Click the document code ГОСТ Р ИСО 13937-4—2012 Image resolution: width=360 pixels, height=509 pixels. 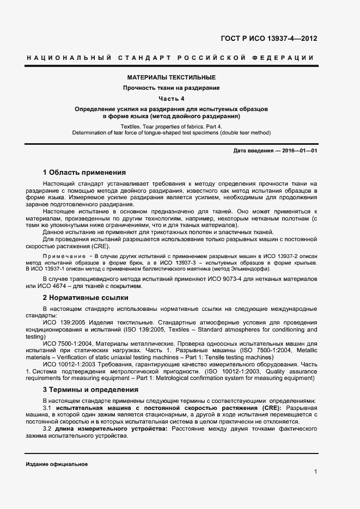[x=269, y=39]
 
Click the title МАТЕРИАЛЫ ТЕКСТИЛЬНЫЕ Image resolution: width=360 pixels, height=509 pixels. [x=171, y=77]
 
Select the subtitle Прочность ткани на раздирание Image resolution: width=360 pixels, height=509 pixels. [x=171, y=88]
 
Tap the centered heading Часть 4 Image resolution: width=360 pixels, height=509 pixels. [x=172, y=99]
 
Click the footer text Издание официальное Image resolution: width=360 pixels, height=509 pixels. [x=57, y=464]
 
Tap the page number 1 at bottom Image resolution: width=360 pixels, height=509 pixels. [x=315, y=471]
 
